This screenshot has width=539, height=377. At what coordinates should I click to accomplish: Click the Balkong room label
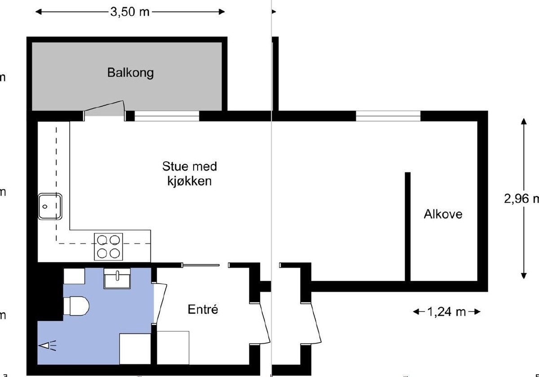pos(130,72)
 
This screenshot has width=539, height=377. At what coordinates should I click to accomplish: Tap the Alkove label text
pos(443,214)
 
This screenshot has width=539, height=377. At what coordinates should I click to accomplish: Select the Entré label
pos(203,310)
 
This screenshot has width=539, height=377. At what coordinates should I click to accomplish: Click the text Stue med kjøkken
pos(189,174)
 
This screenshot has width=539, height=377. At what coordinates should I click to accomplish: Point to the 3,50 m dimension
pos(130,12)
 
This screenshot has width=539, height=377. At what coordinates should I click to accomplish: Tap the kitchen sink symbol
pos(50,206)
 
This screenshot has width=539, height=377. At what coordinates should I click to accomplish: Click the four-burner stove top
pos(108,247)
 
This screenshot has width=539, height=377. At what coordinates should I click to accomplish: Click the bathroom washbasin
pos(117,279)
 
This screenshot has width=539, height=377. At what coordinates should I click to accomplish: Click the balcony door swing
pos(104,108)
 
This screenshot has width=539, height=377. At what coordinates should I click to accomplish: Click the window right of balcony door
pos(167,116)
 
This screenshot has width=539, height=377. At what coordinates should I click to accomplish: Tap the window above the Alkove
pos(388,116)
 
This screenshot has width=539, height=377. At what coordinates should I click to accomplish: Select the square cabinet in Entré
pos(173,347)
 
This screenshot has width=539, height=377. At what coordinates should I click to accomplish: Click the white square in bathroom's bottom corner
pos(135,349)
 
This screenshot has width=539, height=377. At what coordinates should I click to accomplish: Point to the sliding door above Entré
pos(200,265)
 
